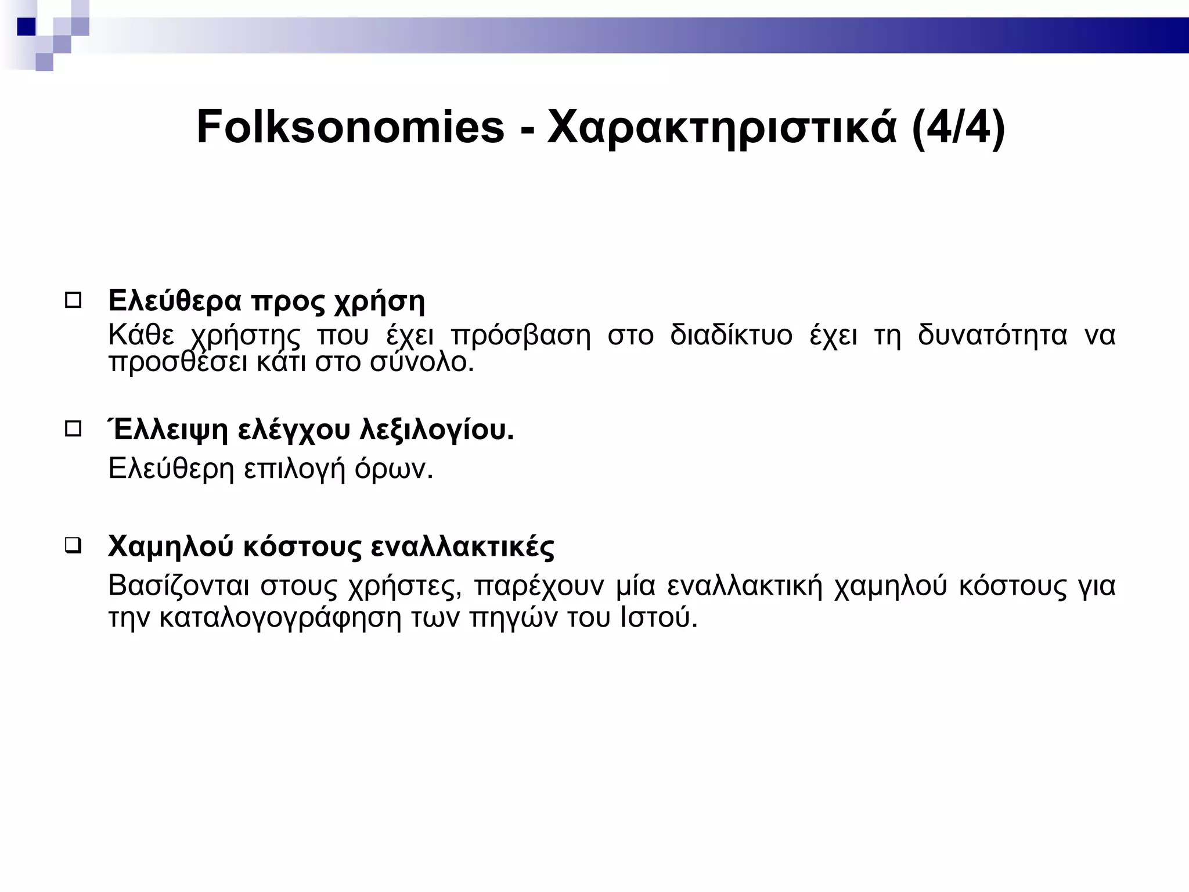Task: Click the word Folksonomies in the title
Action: click(x=351, y=127)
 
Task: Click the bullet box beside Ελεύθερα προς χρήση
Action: click(x=73, y=301)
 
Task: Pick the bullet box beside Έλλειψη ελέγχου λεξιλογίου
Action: click(x=73, y=429)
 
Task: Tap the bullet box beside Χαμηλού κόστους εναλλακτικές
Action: click(x=73, y=546)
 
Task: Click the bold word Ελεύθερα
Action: click(x=174, y=301)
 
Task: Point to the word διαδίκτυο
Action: click(x=731, y=335)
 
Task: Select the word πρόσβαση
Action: click(x=520, y=336)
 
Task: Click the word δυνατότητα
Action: click(x=992, y=335)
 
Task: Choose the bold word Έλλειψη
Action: click(x=168, y=430)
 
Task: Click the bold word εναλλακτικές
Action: click(x=462, y=546)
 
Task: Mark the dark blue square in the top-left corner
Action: click(x=26, y=27)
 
